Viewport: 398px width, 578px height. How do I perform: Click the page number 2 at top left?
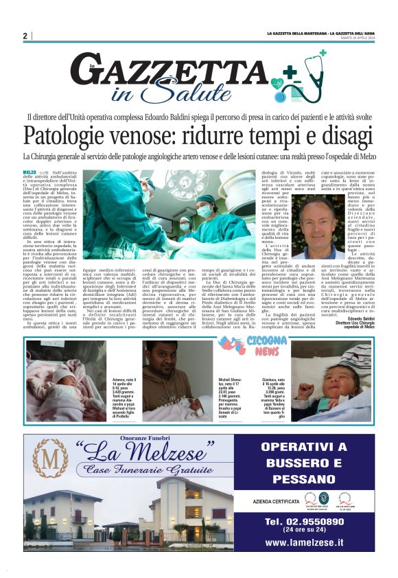coord(25,36)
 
